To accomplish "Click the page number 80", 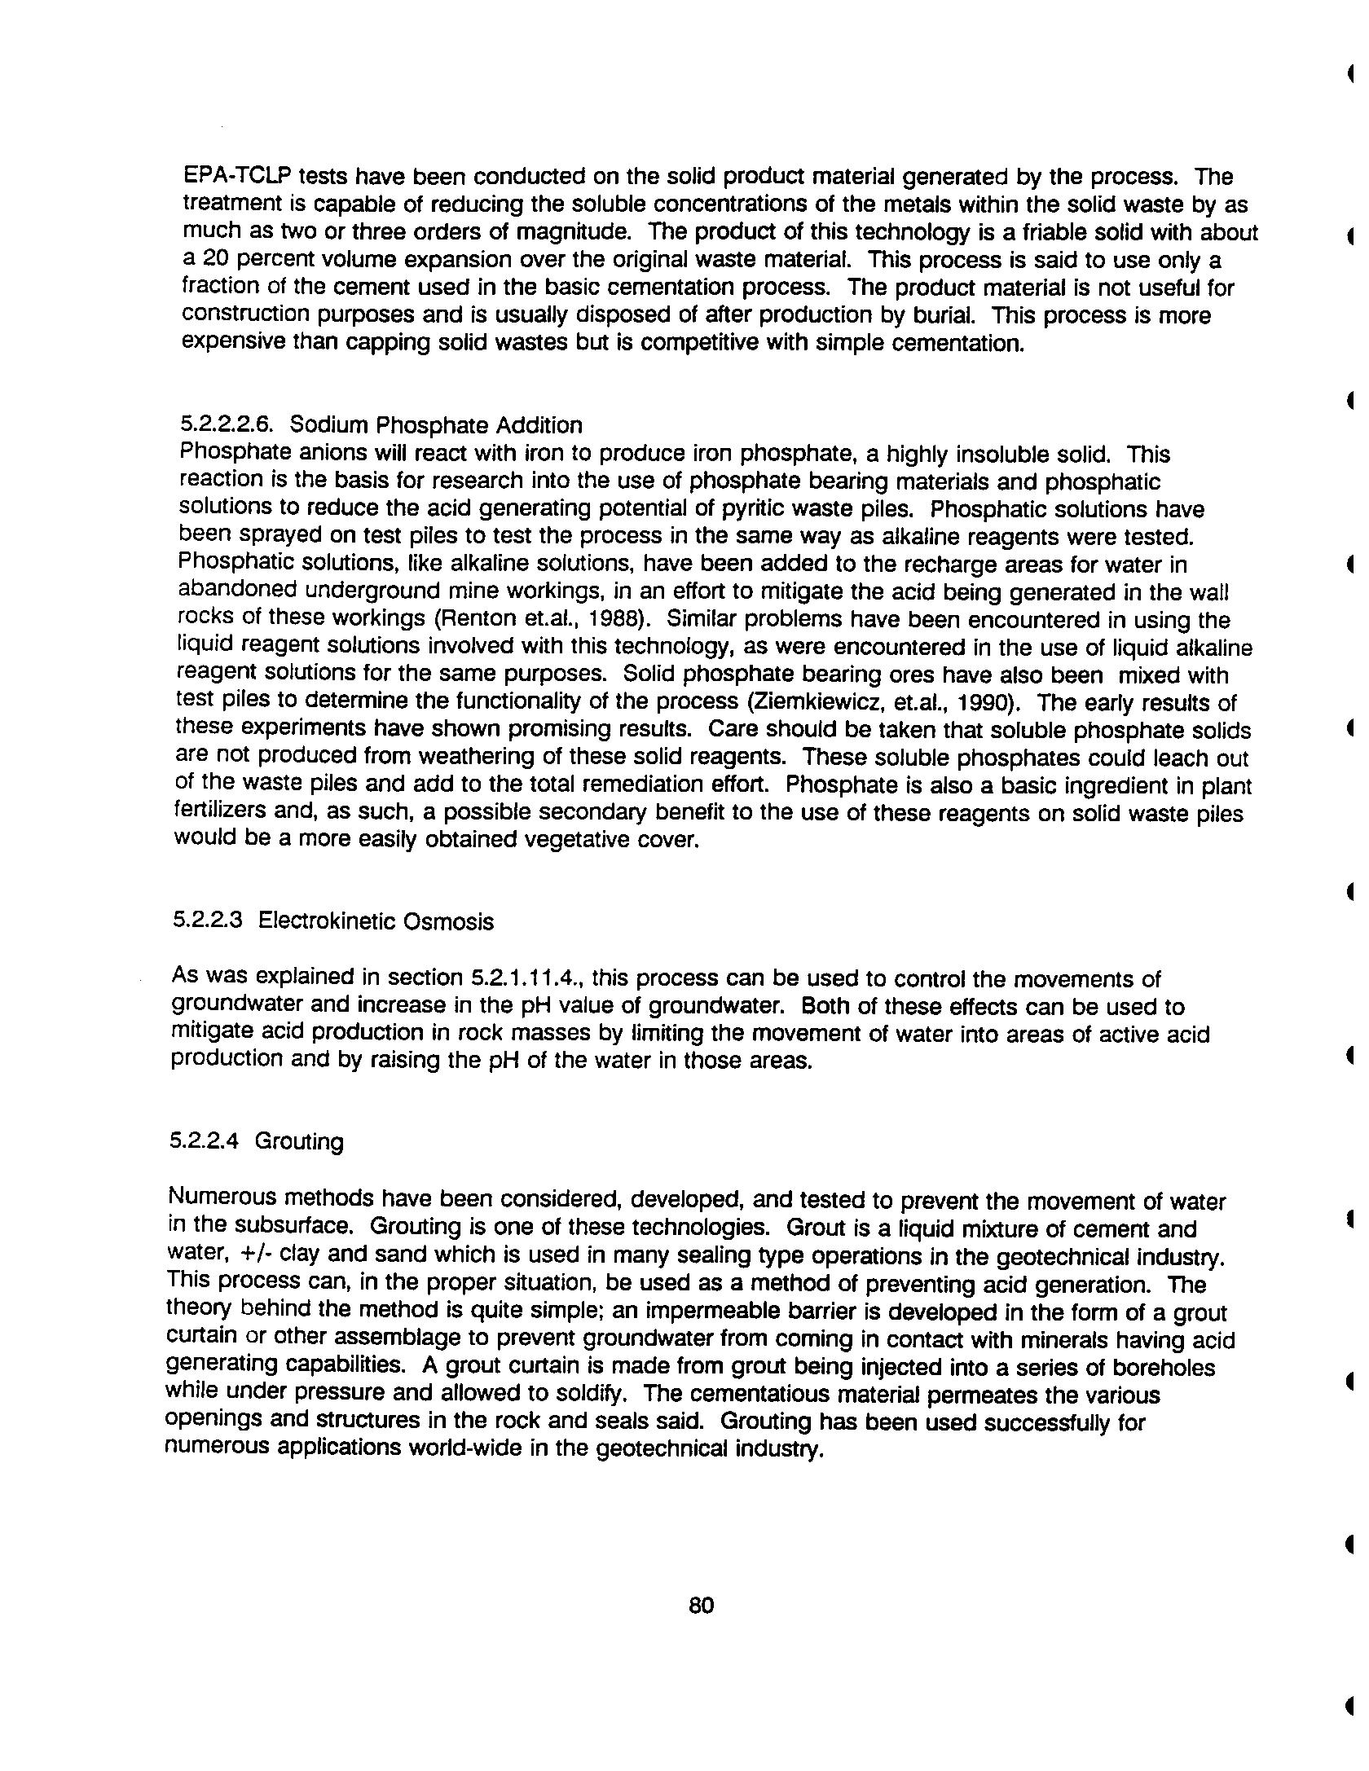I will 701,1605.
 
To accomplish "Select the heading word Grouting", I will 299,1141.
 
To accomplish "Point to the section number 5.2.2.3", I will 208,921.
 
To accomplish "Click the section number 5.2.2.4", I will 204,1140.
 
